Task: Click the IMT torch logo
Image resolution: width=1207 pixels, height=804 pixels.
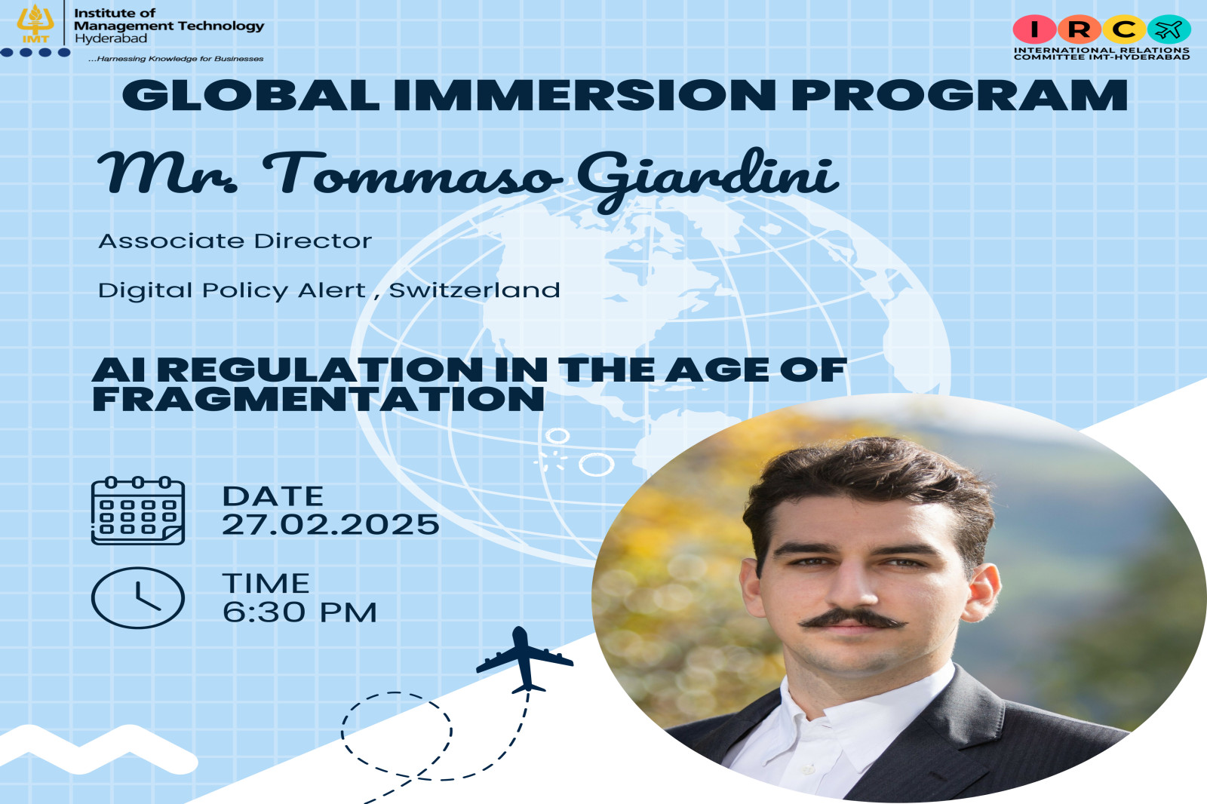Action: [35, 23]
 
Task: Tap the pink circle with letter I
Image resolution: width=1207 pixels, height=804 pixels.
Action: [1034, 29]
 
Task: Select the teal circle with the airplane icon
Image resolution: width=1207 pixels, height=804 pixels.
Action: [1169, 29]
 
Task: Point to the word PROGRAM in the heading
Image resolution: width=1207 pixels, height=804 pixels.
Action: [960, 95]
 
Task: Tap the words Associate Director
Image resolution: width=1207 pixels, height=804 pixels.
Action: [235, 241]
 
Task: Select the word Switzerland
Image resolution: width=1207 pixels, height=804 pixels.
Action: [475, 290]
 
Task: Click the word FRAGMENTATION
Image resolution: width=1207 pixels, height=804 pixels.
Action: [318, 399]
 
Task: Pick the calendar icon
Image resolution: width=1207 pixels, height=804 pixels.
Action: [138, 511]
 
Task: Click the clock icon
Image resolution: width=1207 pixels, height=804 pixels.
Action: [138, 597]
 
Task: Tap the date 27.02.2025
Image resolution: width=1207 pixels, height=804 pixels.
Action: [330, 524]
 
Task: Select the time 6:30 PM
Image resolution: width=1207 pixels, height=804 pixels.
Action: [299, 612]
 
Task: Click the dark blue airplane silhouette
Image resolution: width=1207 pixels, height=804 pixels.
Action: [524, 659]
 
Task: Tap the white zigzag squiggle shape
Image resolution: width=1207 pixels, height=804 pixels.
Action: [97, 748]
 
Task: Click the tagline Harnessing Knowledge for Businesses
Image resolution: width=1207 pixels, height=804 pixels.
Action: [176, 59]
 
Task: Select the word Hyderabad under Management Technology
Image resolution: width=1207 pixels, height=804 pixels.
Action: [110, 38]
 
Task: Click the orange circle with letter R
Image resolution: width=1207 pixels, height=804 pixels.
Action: [1079, 29]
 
